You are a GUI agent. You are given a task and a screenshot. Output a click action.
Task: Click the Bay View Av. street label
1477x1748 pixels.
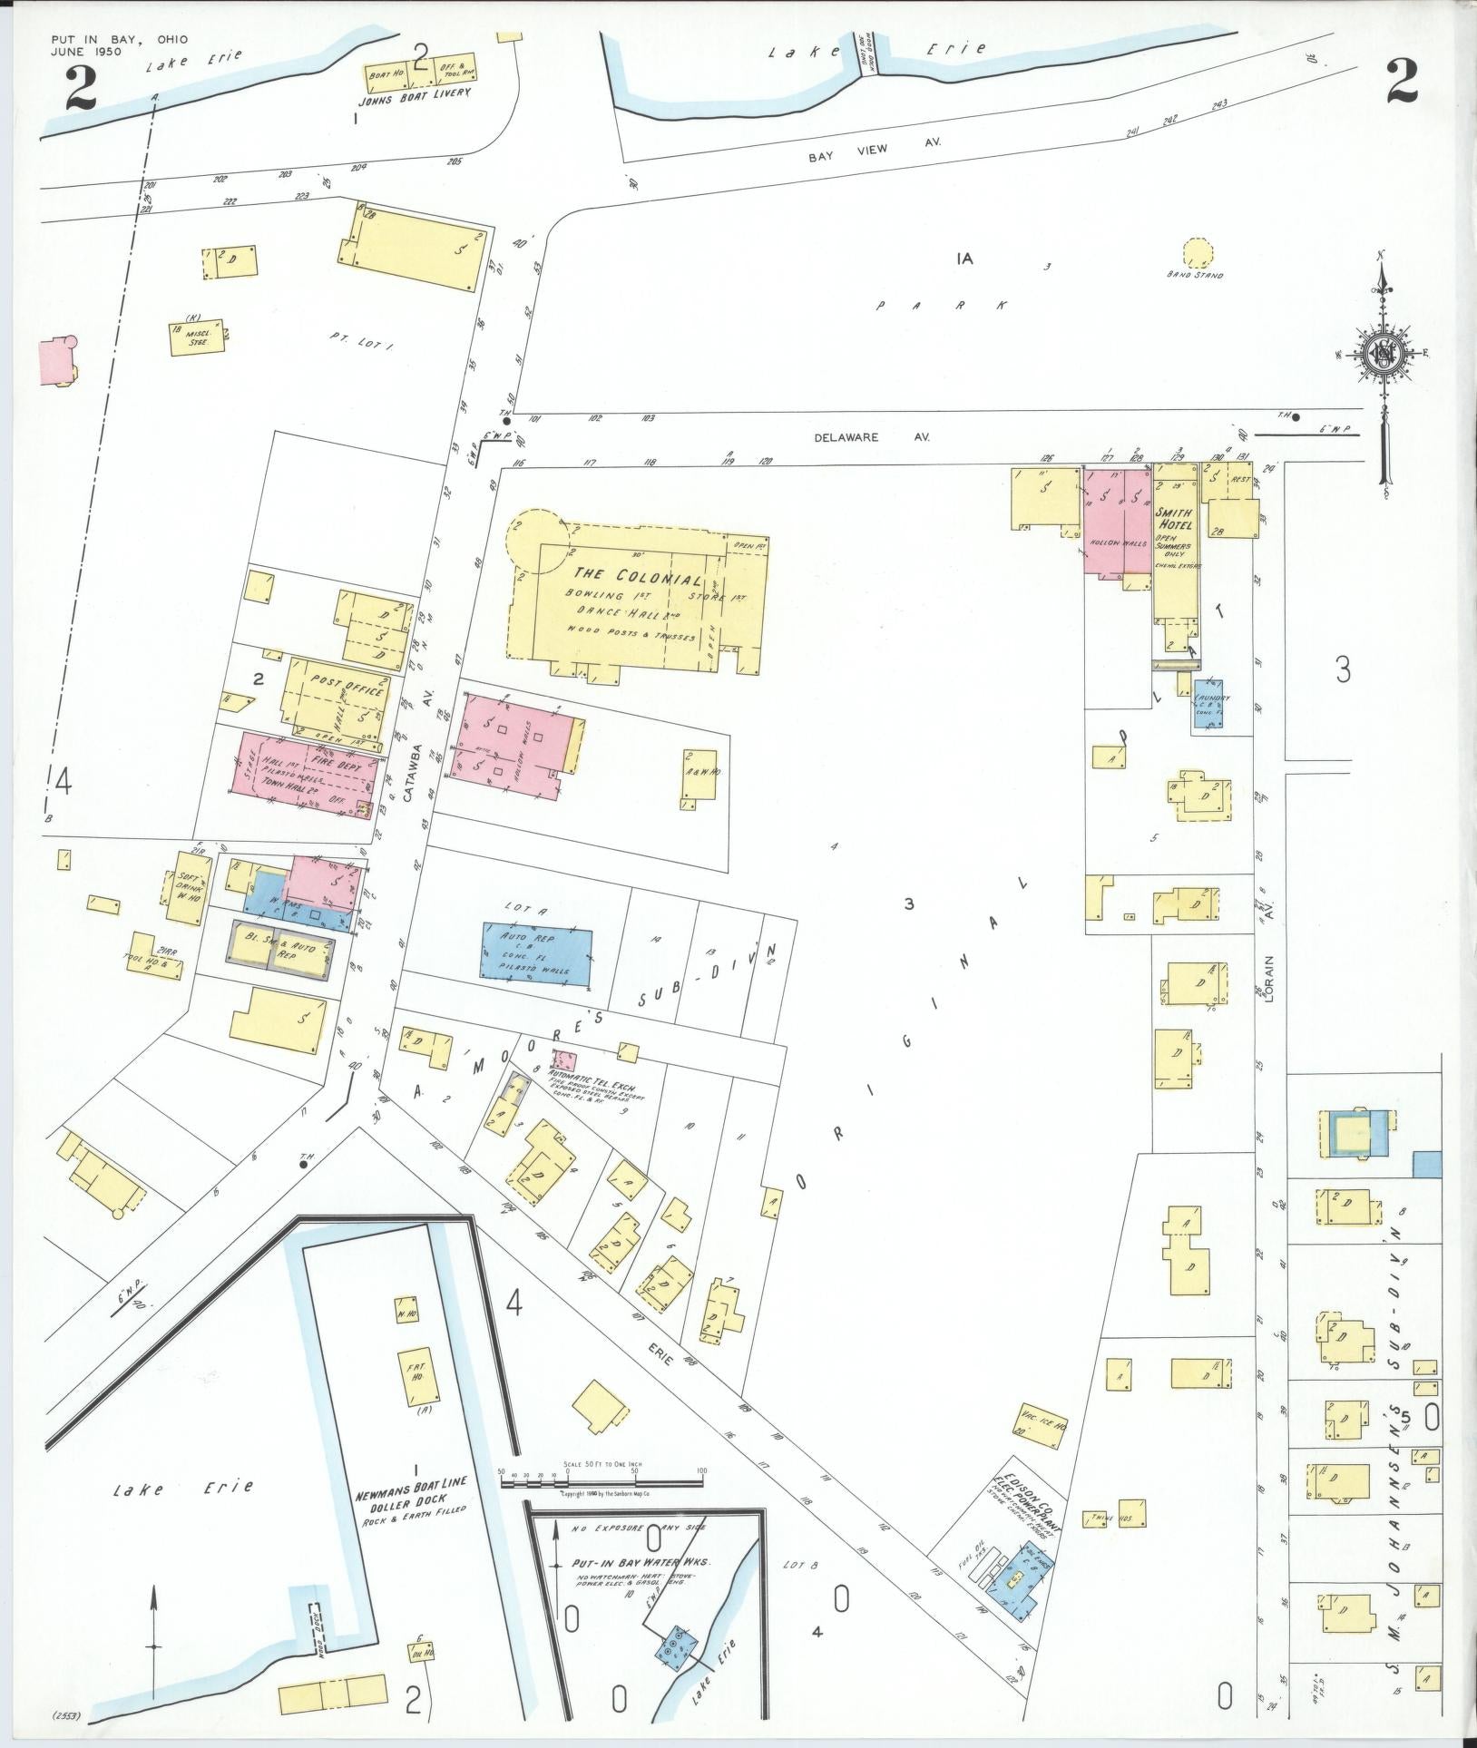875,142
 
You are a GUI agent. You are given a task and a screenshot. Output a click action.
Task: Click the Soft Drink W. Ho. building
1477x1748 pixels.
189,888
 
